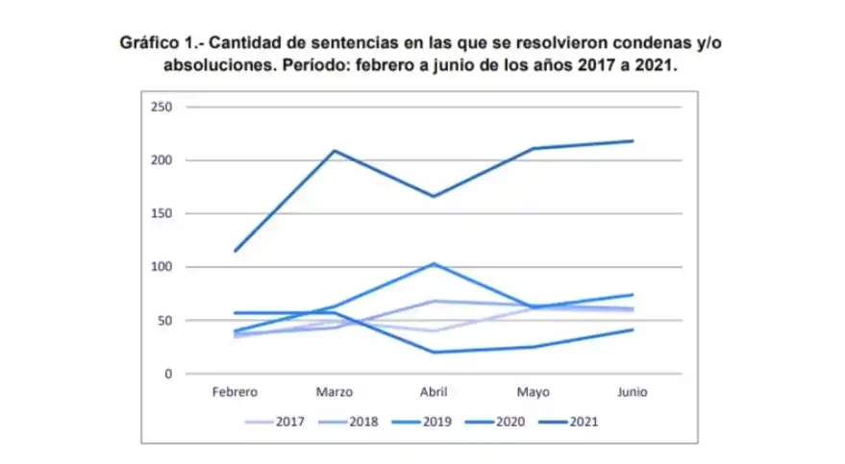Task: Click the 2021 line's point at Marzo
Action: tap(335, 151)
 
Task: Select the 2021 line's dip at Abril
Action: tap(435, 196)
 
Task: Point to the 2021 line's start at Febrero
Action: tap(235, 251)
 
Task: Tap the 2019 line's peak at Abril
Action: tap(435, 263)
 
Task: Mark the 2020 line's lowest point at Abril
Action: tap(435, 352)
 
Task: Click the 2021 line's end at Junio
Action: tap(633, 141)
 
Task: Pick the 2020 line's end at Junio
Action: tap(633, 330)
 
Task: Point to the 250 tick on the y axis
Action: tap(161, 107)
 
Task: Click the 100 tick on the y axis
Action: tap(161, 267)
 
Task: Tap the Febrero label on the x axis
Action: tap(235, 392)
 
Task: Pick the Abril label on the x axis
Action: tap(435, 392)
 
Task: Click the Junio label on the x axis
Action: tap(633, 392)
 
